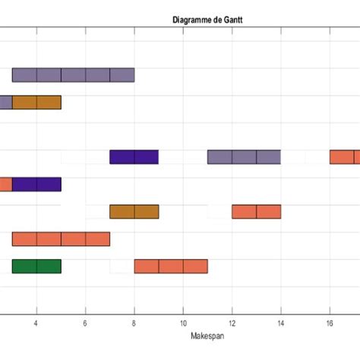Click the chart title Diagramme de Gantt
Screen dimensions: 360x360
207,20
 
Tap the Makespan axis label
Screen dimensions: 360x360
207,335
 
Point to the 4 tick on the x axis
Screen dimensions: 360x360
36,322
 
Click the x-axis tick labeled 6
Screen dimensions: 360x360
85,322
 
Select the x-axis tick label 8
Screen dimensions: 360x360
134,322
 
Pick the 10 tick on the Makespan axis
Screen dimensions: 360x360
182,322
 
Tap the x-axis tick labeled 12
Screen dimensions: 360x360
232,322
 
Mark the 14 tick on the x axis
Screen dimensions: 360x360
280,322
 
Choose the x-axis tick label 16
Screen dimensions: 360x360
329,322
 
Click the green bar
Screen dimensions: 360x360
36,267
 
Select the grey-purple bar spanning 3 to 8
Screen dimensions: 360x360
73,75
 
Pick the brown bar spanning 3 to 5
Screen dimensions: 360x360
36,103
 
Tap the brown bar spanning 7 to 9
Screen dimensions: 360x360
134,212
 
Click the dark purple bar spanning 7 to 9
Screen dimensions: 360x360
134,157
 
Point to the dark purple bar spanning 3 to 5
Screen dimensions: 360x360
36,185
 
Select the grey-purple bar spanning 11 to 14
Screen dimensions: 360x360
244,157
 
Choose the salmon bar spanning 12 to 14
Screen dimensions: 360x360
256,212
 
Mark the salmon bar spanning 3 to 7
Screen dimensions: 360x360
61,239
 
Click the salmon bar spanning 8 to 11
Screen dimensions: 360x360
171,267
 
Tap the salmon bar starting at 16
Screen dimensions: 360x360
344,157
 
